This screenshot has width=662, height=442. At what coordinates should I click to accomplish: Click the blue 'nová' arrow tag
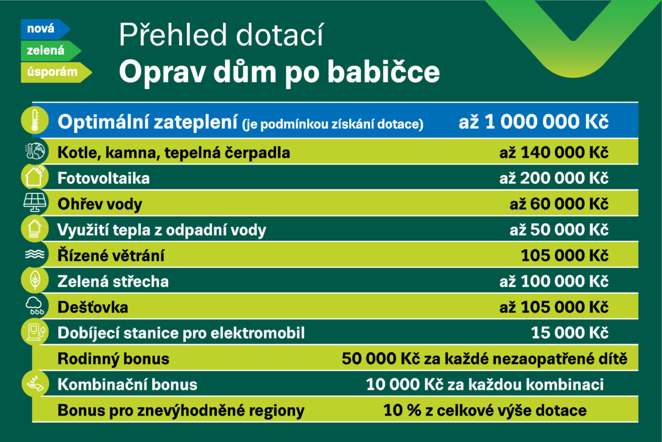45,29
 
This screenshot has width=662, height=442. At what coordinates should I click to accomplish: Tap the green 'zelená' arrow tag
51,51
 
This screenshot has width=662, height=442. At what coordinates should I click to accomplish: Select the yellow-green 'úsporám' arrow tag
56,72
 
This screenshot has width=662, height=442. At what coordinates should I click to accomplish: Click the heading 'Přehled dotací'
221,35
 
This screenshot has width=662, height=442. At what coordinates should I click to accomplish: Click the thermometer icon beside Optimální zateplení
35,120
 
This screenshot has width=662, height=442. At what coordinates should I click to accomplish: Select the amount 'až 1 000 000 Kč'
533,122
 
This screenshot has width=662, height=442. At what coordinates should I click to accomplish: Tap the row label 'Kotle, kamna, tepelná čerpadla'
174,153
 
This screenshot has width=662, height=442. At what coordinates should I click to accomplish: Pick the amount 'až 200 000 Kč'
554,178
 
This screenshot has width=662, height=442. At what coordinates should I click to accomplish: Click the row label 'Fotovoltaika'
104,178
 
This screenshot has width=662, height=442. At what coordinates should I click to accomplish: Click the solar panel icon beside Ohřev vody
35,203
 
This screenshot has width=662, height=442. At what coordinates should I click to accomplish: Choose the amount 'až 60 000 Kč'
559,204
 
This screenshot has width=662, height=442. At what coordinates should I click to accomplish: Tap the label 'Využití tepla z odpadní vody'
162,230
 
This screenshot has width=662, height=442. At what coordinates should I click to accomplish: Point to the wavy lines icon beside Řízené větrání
35,254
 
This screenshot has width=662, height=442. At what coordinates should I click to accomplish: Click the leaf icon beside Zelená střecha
35,280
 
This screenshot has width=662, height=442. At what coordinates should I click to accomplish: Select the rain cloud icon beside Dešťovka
35,306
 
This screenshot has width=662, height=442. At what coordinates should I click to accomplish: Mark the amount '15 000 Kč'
569,333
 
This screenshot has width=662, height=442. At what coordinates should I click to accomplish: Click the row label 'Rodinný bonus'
114,359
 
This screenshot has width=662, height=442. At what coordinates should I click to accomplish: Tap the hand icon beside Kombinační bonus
35,383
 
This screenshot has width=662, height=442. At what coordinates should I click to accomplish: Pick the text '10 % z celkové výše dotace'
485,411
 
